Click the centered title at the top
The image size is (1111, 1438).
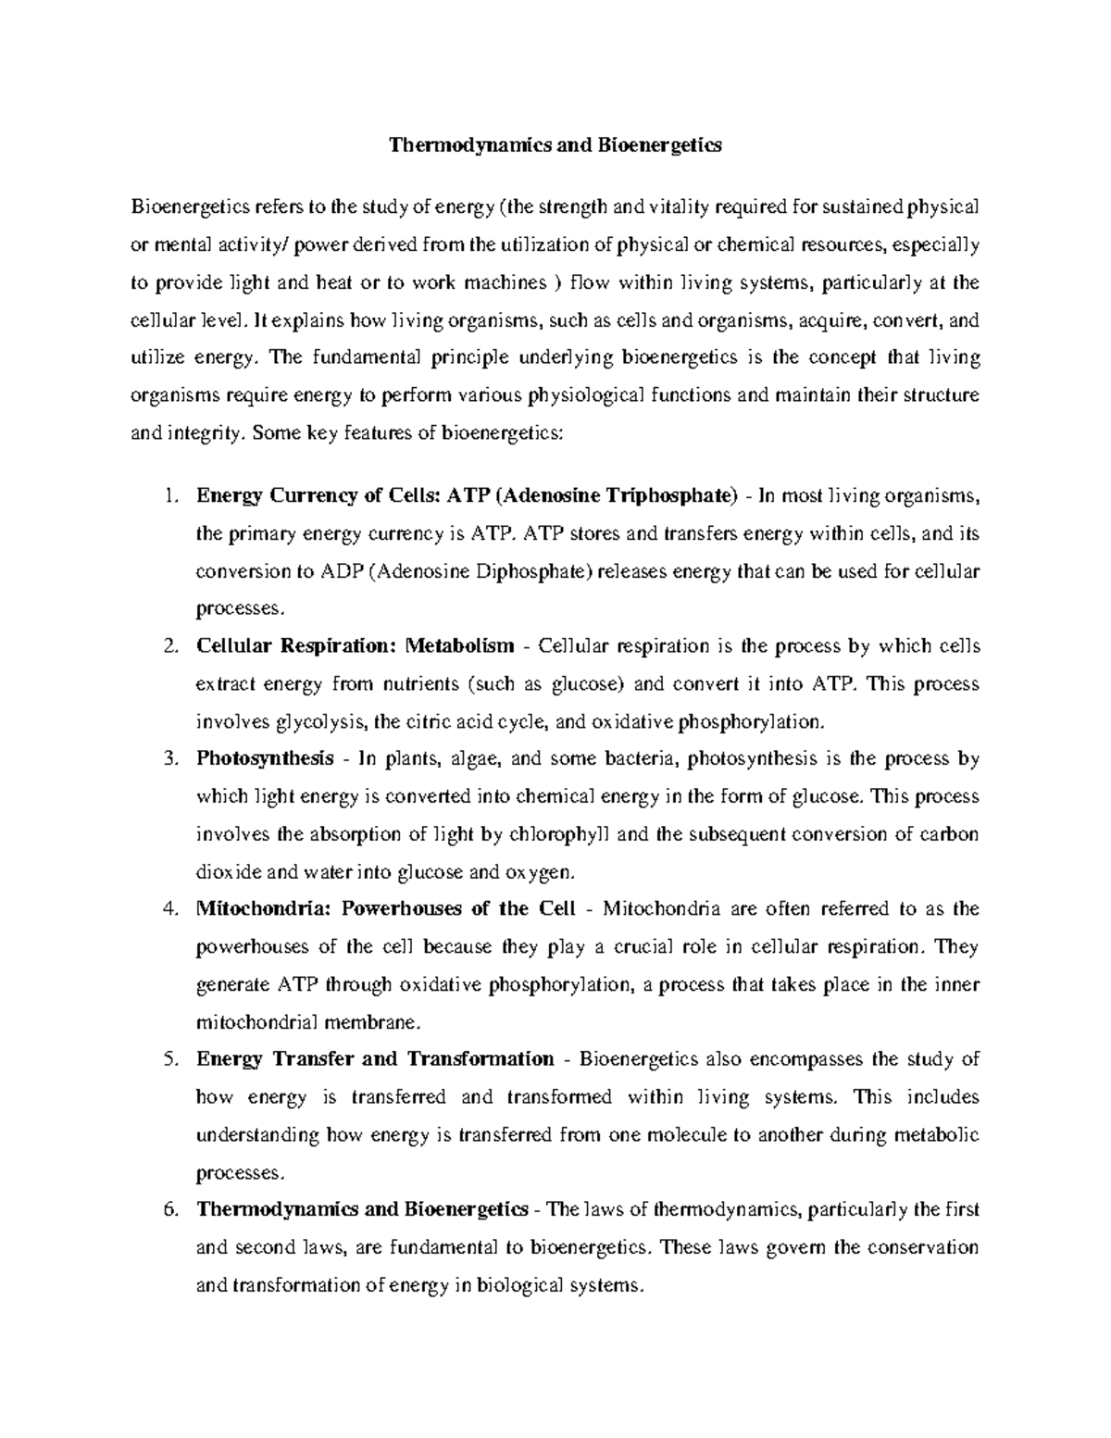click(555, 145)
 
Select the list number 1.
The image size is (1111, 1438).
click(169, 495)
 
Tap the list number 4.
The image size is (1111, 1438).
click(169, 908)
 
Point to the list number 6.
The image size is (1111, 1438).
click(169, 1209)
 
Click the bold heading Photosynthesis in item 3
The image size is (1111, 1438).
click(265, 758)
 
